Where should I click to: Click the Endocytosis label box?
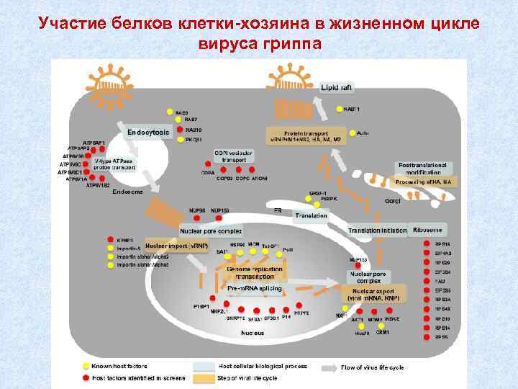148,133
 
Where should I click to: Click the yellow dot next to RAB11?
340,109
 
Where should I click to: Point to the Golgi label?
393,200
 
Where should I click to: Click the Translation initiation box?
377,230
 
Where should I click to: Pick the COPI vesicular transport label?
233,156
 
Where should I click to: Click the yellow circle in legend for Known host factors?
86,366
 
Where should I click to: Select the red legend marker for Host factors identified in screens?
86,377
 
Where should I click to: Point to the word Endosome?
122,192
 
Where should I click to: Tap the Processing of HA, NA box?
423,183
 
